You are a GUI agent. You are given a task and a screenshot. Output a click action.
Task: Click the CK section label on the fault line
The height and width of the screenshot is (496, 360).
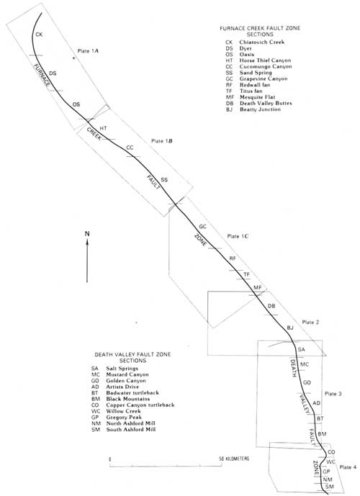pyautogui.click(x=39, y=35)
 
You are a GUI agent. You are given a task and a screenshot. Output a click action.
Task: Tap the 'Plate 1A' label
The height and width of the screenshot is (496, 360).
pyautogui.click(x=88, y=50)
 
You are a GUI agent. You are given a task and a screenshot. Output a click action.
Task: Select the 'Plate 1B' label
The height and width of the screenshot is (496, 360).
pyautogui.click(x=162, y=141)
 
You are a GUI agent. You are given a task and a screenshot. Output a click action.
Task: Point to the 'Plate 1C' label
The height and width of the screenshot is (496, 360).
pyautogui.click(x=238, y=236)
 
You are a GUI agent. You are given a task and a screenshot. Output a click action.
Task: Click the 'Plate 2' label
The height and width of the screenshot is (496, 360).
pyautogui.click(x=310, y=323)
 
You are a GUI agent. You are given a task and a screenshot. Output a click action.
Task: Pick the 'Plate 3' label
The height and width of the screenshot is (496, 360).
pyautogui.click(x=333, y=394)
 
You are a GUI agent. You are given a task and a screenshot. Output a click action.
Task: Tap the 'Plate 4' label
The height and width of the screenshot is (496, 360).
pyautogui.click(x=348, y=467)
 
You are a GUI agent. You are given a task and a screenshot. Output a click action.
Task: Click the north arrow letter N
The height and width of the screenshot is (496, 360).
pyautogui.click(x=87, y=234)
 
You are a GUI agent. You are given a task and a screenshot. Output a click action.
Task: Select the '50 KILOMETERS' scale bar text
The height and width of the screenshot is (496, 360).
pyautogui.click(x=234, y=459)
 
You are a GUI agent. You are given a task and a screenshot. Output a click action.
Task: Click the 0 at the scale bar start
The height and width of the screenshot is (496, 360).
pyautogui.click(x=109, y=459)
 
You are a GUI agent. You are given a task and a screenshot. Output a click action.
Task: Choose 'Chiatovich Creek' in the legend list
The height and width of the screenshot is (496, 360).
pyautogui.click(x=261, y=42)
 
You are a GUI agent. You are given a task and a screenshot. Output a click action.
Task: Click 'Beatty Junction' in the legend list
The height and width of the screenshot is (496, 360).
pyautogui.click(x=260, y=109)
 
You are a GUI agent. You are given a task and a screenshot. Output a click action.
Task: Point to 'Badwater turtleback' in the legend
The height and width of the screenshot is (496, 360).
pyautogui.click(x=132, y=393)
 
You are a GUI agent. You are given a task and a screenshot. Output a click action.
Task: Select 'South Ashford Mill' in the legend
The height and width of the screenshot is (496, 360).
pyautogui.click(x=130, y=430)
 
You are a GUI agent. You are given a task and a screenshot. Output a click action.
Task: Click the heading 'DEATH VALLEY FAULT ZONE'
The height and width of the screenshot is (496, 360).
pyautogui.click(x=132, y=355)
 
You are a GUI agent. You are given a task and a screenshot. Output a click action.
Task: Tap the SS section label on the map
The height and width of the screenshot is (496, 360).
pyautogui.click(x=164, y=180)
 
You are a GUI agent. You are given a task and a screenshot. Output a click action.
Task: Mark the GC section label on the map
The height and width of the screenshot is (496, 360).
pyautogui.click(x=203, y=227)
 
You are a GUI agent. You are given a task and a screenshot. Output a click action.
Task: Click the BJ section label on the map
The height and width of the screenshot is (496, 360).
pyautogui.click(x=290, y=328)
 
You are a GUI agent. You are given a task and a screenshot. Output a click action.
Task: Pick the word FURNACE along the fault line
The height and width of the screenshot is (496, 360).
pyautogui.click(x=42, y=75)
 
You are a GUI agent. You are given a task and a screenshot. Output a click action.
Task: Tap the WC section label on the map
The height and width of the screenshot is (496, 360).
pyautogui.click(x=330, y=462)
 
